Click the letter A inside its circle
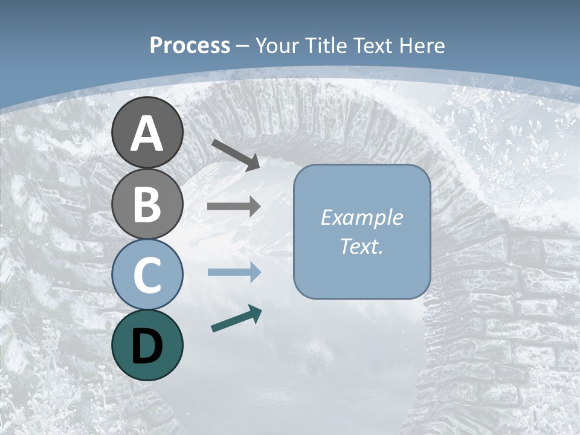click(x=147, y=134)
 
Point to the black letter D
click(x=147, y=346)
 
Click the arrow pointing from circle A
click(x=236, y=154)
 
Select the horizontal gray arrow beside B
click(x=234, y=207)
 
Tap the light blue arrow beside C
click(x=234, y=272)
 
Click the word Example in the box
click(x=361, y=217)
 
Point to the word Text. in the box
click(x=361, y=246)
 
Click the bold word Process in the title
click(x=190, y=46)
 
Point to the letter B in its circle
click(x=147, y=204)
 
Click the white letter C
click(x=147, y=274)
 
